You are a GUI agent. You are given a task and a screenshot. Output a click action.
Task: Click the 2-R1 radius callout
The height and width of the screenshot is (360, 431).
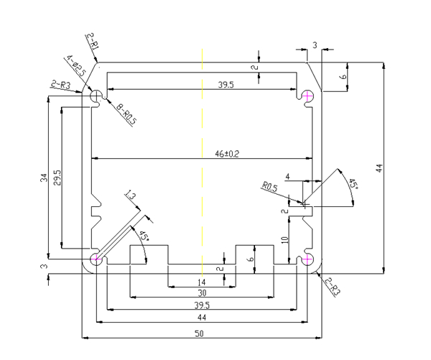point(93,40)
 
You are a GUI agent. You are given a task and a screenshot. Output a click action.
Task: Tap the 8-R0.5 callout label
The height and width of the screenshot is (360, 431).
point(128,112)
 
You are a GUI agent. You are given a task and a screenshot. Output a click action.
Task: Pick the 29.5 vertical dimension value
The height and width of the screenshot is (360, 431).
point(57,177)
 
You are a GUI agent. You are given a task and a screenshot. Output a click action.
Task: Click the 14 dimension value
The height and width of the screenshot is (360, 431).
point(201,281)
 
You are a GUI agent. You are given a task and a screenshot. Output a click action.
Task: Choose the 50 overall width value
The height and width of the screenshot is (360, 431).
point(202,331)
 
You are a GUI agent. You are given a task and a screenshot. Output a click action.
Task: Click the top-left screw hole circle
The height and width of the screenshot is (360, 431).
point(96,96)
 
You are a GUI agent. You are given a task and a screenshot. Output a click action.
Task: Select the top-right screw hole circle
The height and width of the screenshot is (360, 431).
point(307,96)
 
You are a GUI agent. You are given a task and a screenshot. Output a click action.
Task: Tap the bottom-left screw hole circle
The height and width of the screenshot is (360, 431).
point(96,259)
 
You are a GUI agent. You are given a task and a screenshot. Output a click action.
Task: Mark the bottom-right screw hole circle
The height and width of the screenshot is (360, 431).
point(307,259)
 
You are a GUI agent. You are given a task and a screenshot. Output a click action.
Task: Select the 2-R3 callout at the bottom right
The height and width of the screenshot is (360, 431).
point(332,287)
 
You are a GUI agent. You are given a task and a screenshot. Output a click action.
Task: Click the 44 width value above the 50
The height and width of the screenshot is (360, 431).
point(202,317)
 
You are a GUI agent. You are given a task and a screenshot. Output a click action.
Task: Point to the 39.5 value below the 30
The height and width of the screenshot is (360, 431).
point(202,305)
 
